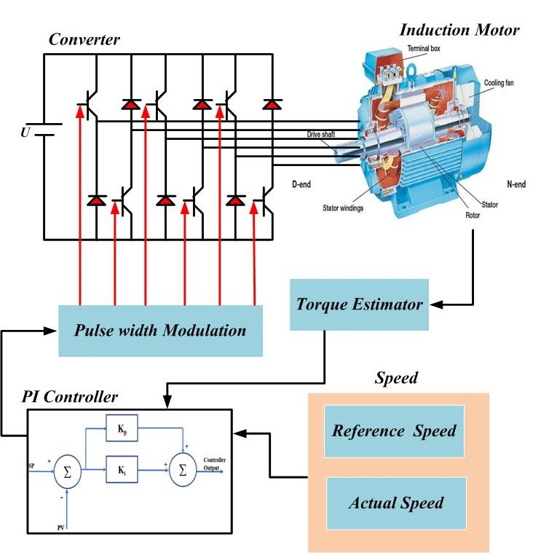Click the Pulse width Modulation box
coord(160,331)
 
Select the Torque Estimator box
coord(359,304)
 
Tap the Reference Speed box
coord(394,430)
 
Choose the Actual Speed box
coord(395,503)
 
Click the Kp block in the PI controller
coord(121,428)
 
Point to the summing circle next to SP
coord(66,474)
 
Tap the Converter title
coord(84,39)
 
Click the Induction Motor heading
coord(459,30)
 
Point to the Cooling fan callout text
coord(502,83)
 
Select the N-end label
coord(516,184)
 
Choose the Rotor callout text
coord(473,215)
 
